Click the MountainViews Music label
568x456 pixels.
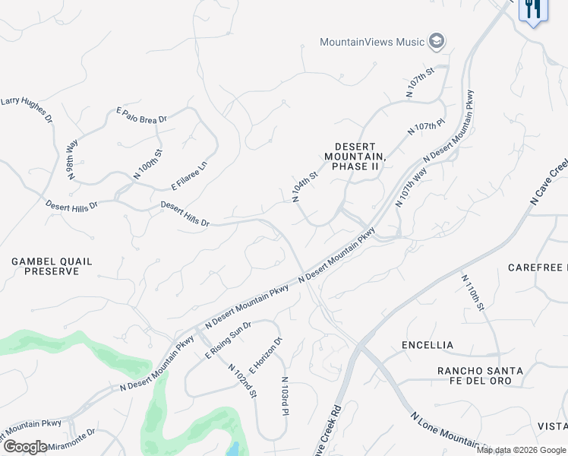pyautogui.click(x=372, y=42)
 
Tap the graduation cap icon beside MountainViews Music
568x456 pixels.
pyautogui.click(x=436, y=41)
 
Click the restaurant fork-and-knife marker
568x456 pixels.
pyautogui.click(x=533, y=9)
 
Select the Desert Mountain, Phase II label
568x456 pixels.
pyautogui.click(x=355, y=156)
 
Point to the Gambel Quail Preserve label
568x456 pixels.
pyautogui.click(x=52, y=266)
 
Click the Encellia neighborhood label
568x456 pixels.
pyautogui.click(x=428, y=345)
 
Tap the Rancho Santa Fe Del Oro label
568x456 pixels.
pyautogui.click(x=480, y=375)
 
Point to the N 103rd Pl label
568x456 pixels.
pyautogui.click(x=286, y=397)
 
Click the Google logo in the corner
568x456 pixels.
pyautogui.click(x=25, y=446)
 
